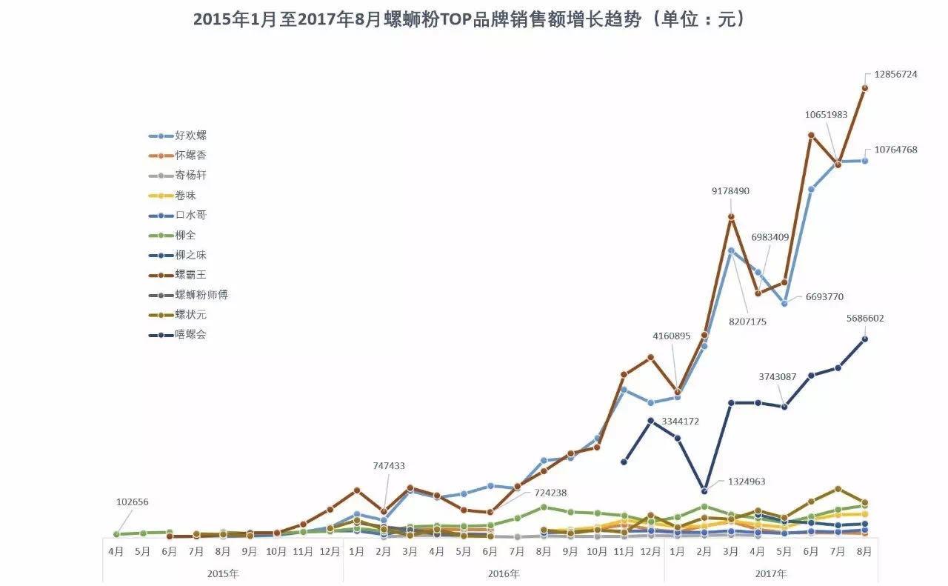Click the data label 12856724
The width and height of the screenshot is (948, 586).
pos(895,75)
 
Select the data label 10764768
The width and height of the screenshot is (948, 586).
pos(895,150)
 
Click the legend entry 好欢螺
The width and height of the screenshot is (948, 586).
pos(191,136)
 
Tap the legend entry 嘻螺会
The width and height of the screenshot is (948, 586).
pos(191,334)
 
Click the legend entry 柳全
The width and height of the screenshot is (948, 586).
pos(186,235)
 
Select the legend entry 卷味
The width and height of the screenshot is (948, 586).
pos(186,196)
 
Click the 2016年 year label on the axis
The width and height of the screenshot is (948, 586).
pos(504,573)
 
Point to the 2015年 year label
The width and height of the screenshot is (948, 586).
pos(223,573)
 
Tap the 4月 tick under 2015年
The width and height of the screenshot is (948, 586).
pos(116,552)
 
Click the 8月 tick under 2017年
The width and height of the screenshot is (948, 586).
pos(864,552)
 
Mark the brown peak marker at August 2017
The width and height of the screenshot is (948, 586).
pos(864,87)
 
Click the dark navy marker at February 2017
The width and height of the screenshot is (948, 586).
pos(704,490)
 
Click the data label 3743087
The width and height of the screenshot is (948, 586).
pos(777,377)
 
